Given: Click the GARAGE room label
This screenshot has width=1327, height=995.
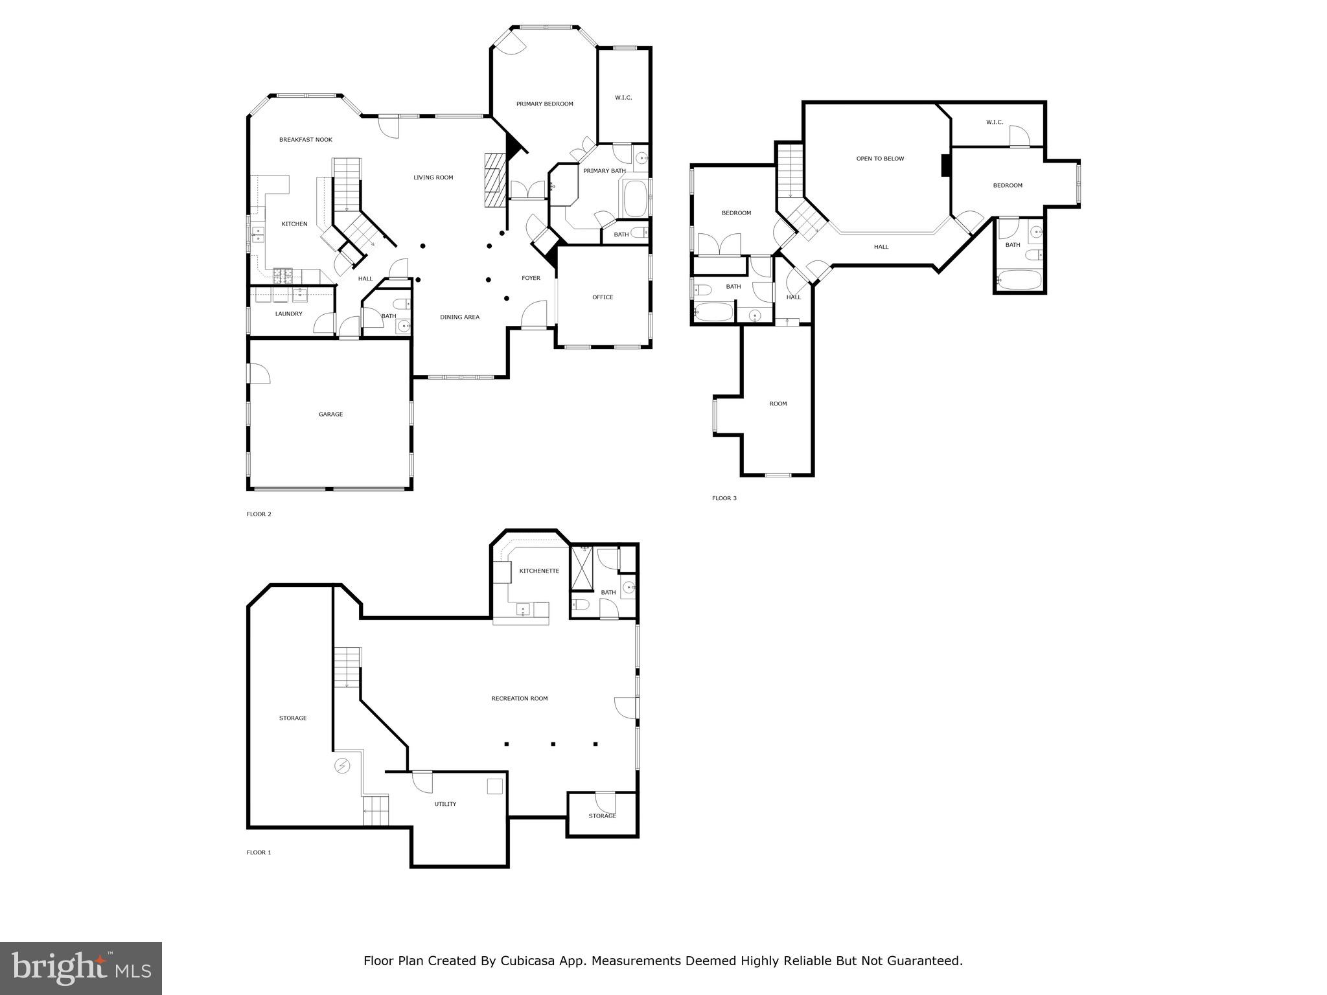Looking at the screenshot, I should point(330,415).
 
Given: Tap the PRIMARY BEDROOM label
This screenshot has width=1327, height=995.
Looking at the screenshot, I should point(544,104).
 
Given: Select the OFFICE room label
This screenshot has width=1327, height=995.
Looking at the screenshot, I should point(603,297).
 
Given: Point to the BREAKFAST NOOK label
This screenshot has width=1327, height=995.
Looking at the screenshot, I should point(306,140).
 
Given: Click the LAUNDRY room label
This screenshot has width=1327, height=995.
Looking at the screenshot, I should point(288,314).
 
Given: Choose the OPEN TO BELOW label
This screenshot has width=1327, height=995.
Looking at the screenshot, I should point(880,159).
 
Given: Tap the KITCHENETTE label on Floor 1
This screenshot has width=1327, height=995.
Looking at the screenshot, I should point(539,571).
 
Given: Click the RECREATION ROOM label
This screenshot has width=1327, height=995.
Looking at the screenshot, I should point(519,698).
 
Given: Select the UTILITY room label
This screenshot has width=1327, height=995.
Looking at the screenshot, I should point(445,804).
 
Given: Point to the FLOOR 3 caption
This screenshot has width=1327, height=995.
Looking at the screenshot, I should point(724,498).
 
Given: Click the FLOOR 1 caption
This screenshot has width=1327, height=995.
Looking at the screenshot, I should point(259,852).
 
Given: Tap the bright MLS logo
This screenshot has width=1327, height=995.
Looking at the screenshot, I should point(81,968).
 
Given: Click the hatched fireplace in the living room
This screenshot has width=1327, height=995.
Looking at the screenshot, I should point(494,180).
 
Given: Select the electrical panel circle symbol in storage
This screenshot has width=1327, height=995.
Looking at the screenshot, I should point(341,766).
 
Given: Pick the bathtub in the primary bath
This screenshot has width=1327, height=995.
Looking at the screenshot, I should point(635,199).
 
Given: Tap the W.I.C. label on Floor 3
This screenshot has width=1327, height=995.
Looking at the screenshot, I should point(994,122).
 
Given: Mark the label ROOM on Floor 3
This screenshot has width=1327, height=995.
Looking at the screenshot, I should point(778,404).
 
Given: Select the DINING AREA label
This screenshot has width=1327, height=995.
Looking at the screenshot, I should point(459,317).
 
